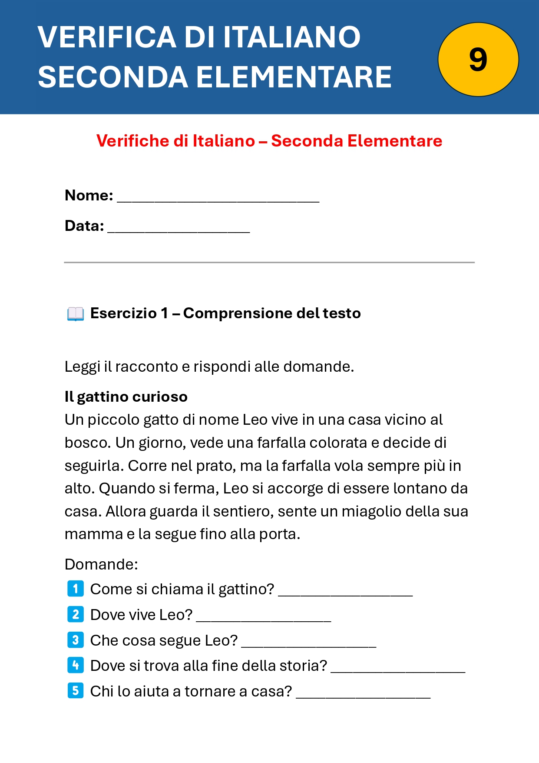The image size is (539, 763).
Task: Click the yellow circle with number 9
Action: (x=478, y=60)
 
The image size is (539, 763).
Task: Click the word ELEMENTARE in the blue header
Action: (x=294, y=77)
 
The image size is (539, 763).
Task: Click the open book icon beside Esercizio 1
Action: (x=75, y=313)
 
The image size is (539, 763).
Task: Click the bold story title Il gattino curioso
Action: (x=126, y=396)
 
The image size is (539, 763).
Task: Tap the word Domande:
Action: (x=101, y=564)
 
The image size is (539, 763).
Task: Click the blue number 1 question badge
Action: (x=76, y=589)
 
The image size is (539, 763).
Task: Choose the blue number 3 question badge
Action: (x=76, y=640)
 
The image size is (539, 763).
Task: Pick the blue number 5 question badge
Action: (x=76, y=690)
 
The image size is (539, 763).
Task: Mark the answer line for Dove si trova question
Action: (x=398, y=670)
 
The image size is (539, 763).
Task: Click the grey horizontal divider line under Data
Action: (x=269, y=262)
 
